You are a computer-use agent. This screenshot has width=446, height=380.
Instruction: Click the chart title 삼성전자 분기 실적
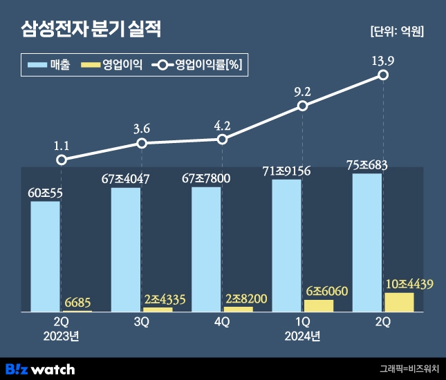pos(90,30)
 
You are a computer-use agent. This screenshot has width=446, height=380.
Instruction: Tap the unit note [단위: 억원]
pos(397,31)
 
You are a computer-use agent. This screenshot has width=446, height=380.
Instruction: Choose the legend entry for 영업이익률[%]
pos(198,66)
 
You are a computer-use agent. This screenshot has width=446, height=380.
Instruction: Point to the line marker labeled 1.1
pos(62,160)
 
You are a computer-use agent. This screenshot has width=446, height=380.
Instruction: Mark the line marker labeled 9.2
pos(302,106)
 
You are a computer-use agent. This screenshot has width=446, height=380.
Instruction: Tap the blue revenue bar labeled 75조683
pos(367,242)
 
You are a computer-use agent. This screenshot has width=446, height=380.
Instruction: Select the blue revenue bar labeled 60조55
pos(46,256)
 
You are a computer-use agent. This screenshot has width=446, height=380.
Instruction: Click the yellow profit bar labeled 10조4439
pos(399,302)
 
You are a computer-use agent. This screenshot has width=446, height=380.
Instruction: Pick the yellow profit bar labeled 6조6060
pos(319,305)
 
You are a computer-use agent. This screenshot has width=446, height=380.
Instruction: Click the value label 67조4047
pos(126,179)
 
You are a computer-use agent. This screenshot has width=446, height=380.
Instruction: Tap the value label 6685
pos(77,303)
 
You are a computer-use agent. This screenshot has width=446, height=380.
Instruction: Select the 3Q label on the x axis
pos(142,323)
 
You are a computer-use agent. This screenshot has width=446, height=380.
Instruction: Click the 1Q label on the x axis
pos(302,323)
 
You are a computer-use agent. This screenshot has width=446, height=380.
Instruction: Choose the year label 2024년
pos(302,336)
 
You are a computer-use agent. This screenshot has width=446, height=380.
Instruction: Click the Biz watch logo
pos(39,368)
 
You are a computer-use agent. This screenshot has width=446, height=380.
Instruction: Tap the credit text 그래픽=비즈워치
pos(409,369)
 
